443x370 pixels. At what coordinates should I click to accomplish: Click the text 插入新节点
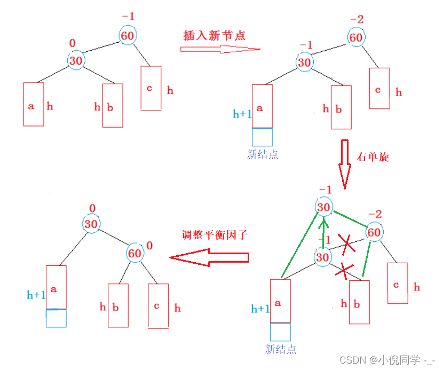[x=214, y=36]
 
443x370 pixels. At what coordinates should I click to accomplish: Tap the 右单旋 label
[x=373, y=157]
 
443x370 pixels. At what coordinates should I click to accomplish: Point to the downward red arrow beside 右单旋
[x=345, y=165]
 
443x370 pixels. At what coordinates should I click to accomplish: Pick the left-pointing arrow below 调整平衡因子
[x=209, y=257]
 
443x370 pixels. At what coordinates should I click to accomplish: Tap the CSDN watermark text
[x=387, y=360]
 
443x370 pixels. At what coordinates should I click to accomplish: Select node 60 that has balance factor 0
[x=135, y=253]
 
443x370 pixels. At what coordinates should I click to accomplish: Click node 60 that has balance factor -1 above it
[x=128, y=36]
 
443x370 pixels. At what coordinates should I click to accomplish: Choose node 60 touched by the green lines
[x=374, y=232]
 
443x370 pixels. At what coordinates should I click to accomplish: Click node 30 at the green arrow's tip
[x=323, y=208]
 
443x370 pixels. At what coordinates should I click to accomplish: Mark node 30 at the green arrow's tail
[x=322, y=258]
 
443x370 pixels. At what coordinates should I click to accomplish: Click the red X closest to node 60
[x=347, y=245]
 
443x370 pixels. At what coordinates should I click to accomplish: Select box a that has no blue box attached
[x=34, y=105]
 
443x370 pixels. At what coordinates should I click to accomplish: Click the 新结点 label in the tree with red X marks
[x=280, y=350]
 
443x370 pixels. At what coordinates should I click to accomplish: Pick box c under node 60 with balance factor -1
[x=151, y=88]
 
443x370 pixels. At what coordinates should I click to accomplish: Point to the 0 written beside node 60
[x=149, y=246]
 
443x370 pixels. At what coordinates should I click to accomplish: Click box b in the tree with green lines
[x=359, y=302]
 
